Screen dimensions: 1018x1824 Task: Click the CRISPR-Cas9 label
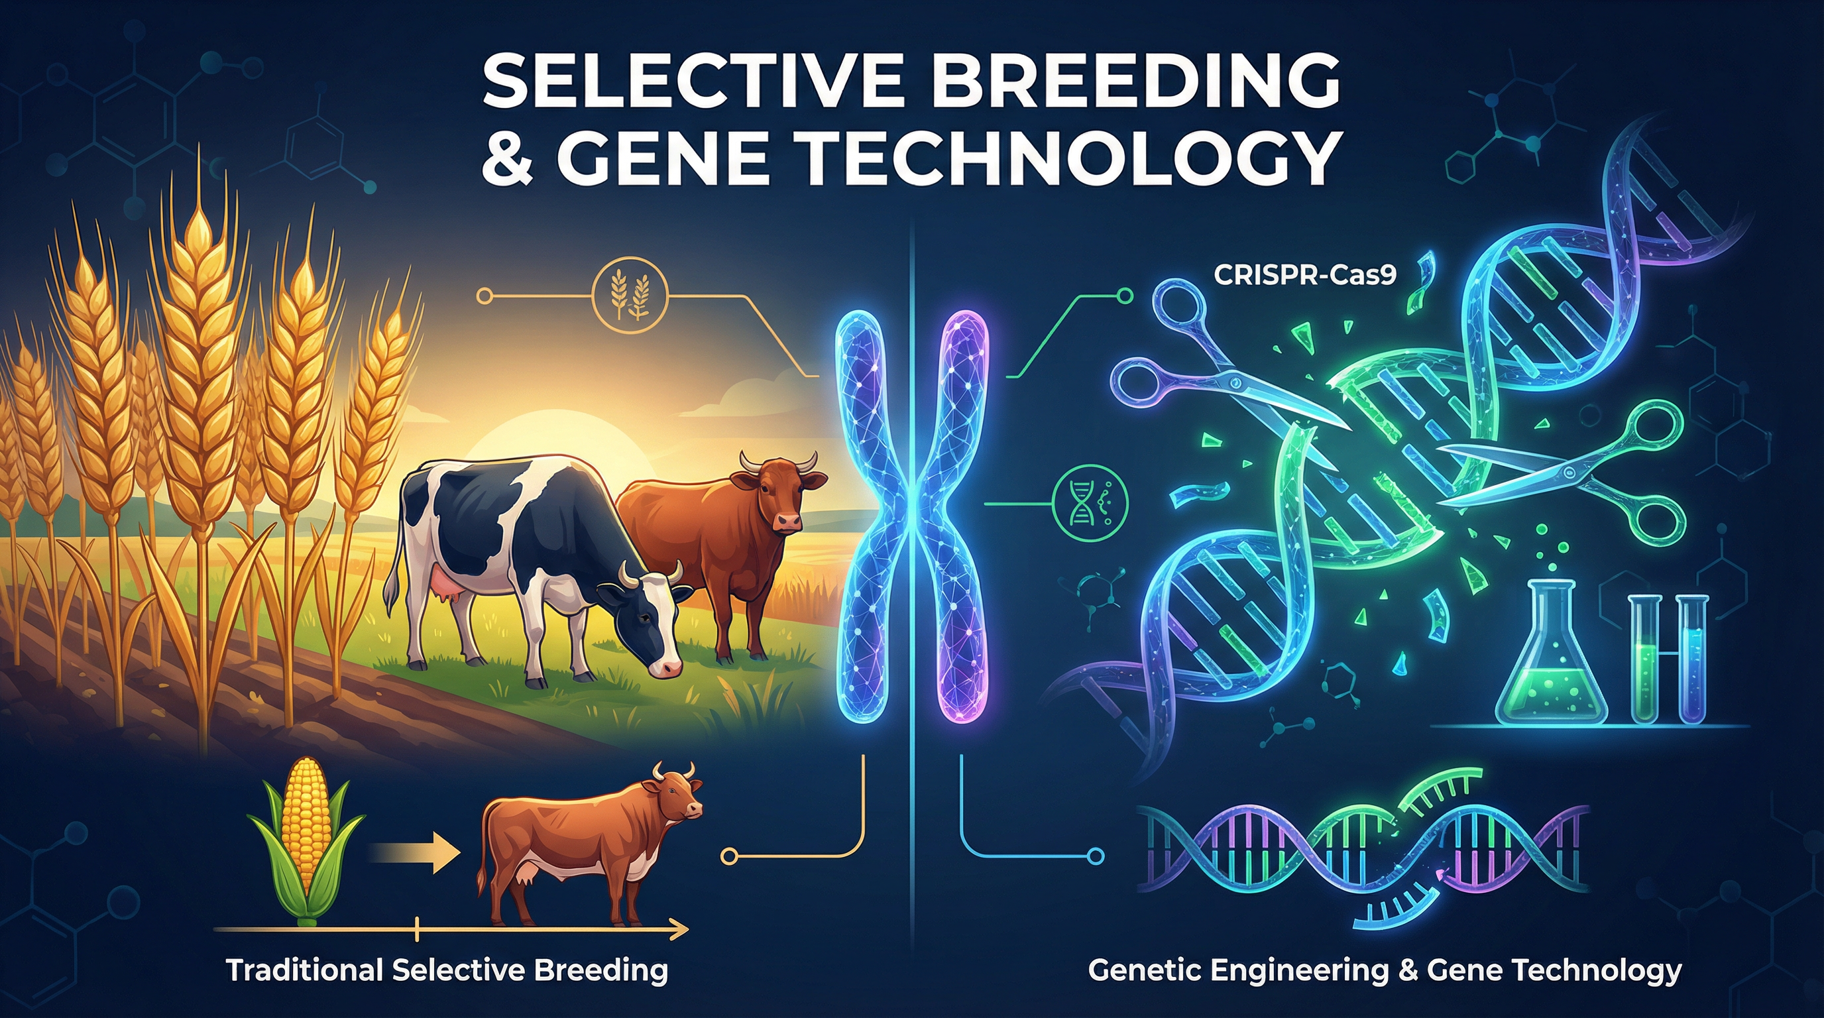pos(1305,274)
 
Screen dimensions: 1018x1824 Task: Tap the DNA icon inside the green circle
pos(1090,503)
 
